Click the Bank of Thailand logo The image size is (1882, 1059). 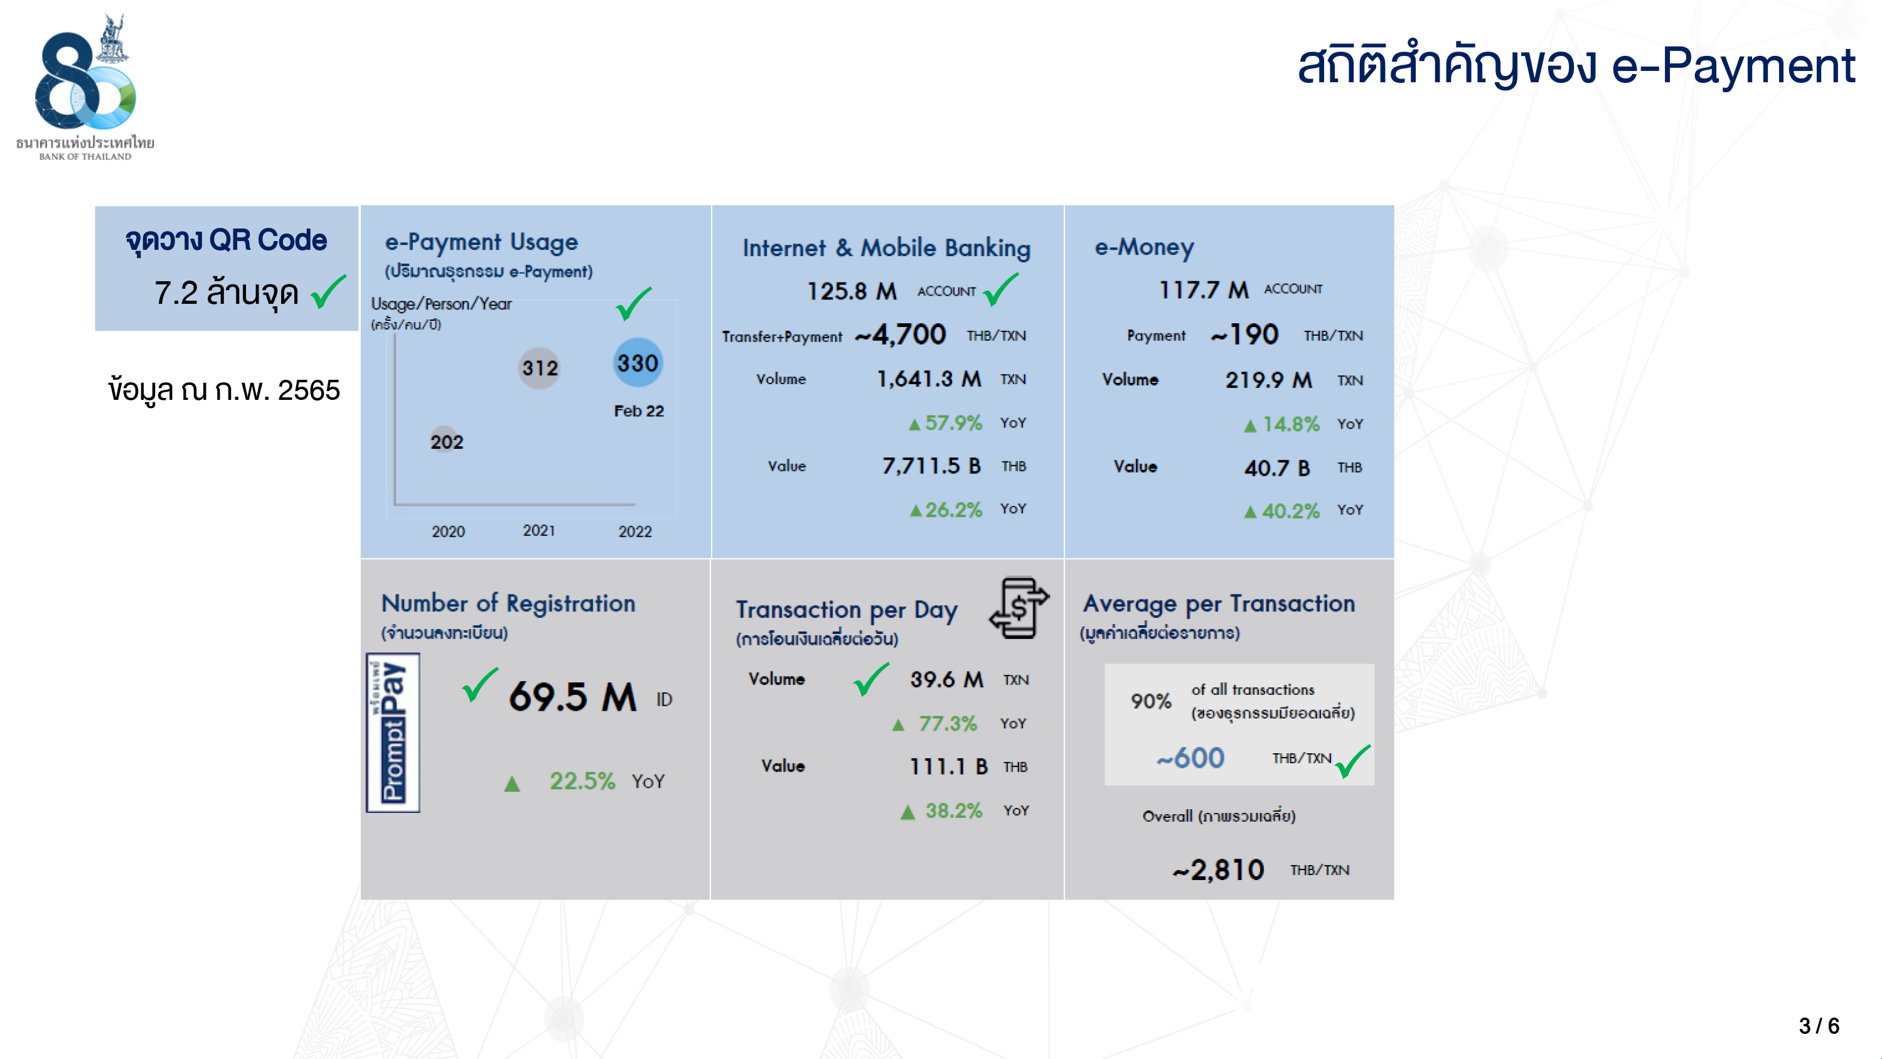pos(85,86)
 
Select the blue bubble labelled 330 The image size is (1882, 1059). pos(638,362)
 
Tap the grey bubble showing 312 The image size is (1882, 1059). pos(540,368)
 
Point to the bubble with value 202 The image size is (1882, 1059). pos(446,441)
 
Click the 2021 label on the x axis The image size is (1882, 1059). pos(538,530)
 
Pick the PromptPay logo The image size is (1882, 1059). pos(393,733)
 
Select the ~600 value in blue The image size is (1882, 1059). pos(1190,758)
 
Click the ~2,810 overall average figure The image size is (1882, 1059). pos(1218,869)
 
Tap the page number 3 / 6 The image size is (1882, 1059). pos(1819,1025)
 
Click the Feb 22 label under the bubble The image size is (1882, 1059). pos(639,411)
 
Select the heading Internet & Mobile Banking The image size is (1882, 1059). pos(886,248)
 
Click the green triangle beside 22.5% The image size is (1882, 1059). pos(512,783)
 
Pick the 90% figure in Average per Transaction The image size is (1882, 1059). pos(1151,701)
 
